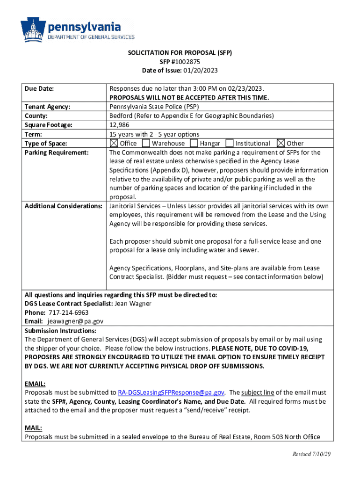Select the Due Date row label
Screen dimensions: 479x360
[x=39, y=88]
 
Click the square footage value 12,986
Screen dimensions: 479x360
[x=119, y=125]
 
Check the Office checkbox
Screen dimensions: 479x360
[x=114, y=143]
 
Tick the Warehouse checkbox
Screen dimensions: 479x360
[x=146, y=143]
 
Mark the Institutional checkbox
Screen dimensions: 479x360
[x=230, y=143]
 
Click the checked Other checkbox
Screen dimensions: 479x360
[x=281, y=143]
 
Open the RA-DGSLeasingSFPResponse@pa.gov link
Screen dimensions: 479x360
[x=172, y=392]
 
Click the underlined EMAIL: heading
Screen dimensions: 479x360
[x=35, y=384]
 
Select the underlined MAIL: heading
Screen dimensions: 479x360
[x=33, y=428]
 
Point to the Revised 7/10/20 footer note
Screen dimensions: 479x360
[x=312, y=455]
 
